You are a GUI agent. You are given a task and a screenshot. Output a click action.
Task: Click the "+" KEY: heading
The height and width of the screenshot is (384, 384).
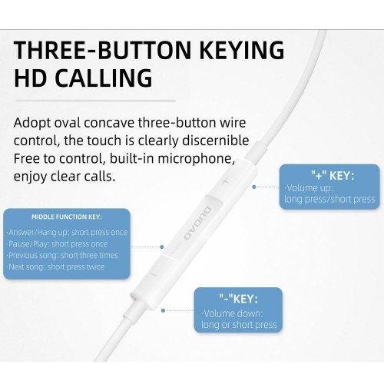(332, 176)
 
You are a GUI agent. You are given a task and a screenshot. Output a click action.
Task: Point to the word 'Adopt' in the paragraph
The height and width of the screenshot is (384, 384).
(34, 123)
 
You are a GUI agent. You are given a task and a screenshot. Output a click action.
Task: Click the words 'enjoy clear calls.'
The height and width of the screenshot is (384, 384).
(65, 176)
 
